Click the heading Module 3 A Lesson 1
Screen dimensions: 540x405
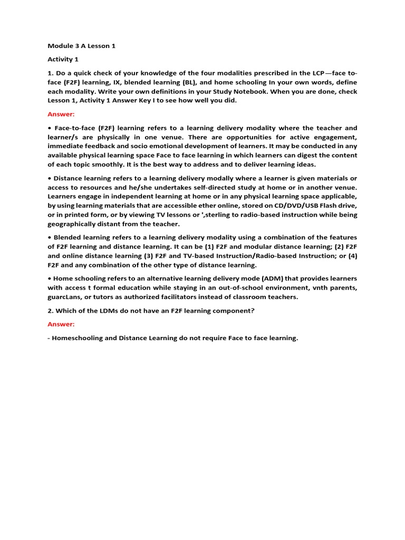[81, 46]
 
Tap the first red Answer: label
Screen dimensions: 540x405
[61, 114]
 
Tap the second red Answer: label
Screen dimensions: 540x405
[61, 324]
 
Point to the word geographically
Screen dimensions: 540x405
[74, 224]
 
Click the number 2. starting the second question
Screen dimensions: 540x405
[51, 311]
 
